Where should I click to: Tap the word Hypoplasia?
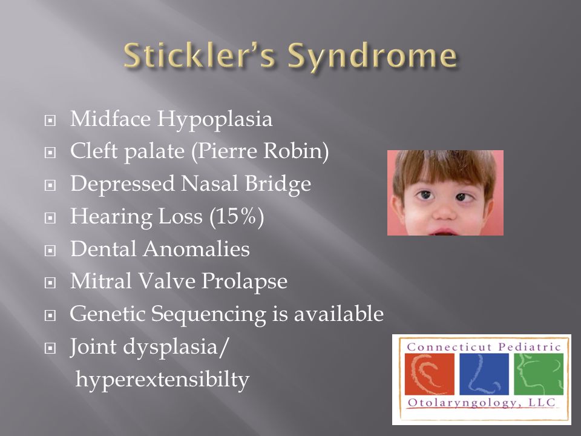tap(215, 120)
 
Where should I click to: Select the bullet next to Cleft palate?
tap(50, 153)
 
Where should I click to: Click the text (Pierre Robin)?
tap(260, 151)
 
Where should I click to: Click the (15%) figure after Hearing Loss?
tap(237, 216)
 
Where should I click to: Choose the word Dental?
tap(103, 248)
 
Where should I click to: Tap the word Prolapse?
tap(245, 282)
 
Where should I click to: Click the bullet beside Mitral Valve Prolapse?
tap(50, 283)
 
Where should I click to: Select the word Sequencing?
tap(209, 315)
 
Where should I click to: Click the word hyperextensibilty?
tap(163, 380)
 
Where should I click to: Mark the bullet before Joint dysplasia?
tap(50, 348)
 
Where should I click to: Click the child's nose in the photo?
tap(444, 212)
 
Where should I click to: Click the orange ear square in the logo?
tap(430, 374)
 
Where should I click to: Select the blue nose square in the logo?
tap(484, 374)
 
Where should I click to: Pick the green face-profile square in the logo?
tap(539, 374)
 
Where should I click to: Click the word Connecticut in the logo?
tap(450, 347)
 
